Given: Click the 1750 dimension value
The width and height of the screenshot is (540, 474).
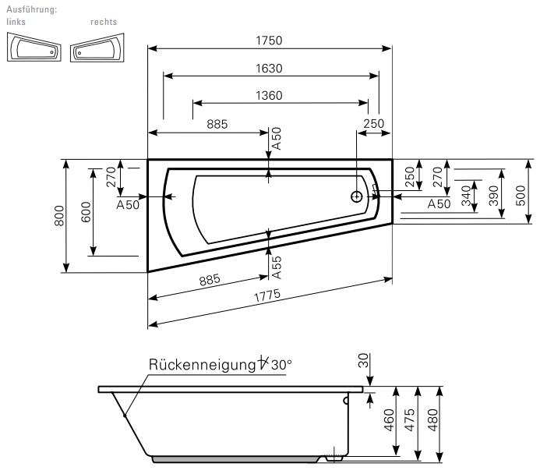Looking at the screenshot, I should pyautogui.click(x=268, y=41).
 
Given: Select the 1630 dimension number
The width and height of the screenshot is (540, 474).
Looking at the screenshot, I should pyautogui.click(x=268, y=69).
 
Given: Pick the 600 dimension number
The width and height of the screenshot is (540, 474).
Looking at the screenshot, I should pyautogui.click(x=86, y=212).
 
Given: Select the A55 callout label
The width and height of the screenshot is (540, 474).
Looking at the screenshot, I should pyautogui.click(x=277, y=267).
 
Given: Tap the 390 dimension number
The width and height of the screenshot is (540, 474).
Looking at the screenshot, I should pyautogui.click(x=492, y=196).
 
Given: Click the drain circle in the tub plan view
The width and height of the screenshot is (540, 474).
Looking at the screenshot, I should pyautogui.click(x=357, y=196).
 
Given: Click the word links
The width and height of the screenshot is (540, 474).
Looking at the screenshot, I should pyautogui.click(x=16, y=22).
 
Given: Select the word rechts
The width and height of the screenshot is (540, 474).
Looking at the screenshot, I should pyautogui.click(x=104, y=22).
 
